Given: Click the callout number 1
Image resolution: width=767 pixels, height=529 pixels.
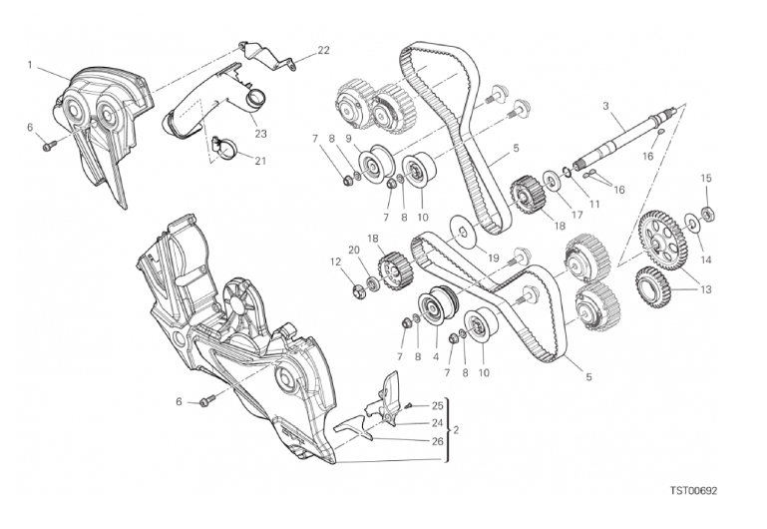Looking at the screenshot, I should click(31, 66).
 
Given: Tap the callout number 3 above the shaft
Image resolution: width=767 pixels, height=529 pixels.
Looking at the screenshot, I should click(605, 106).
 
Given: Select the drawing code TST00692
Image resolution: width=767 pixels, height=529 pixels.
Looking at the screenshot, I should click(693, 491).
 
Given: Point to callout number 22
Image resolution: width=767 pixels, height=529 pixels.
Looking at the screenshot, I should click(323, 49).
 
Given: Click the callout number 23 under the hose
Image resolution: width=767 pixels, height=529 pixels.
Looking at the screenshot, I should click(260, 133).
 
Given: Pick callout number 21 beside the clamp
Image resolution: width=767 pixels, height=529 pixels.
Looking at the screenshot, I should click(260, 161).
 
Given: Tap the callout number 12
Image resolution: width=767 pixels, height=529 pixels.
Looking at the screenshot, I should click(335, 263).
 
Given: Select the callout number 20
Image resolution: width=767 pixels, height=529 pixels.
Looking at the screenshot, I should click(353, 250).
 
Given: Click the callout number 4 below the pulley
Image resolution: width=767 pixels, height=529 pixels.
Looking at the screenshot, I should click(436, 356).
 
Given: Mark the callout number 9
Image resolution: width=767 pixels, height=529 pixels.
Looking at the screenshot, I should click(348, 139).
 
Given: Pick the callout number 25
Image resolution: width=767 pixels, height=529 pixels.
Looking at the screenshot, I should click(437, 405).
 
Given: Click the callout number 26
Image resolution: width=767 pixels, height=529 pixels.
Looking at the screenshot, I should click(437, 441).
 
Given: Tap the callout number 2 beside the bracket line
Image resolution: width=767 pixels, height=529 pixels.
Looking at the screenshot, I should click(456, 430).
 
